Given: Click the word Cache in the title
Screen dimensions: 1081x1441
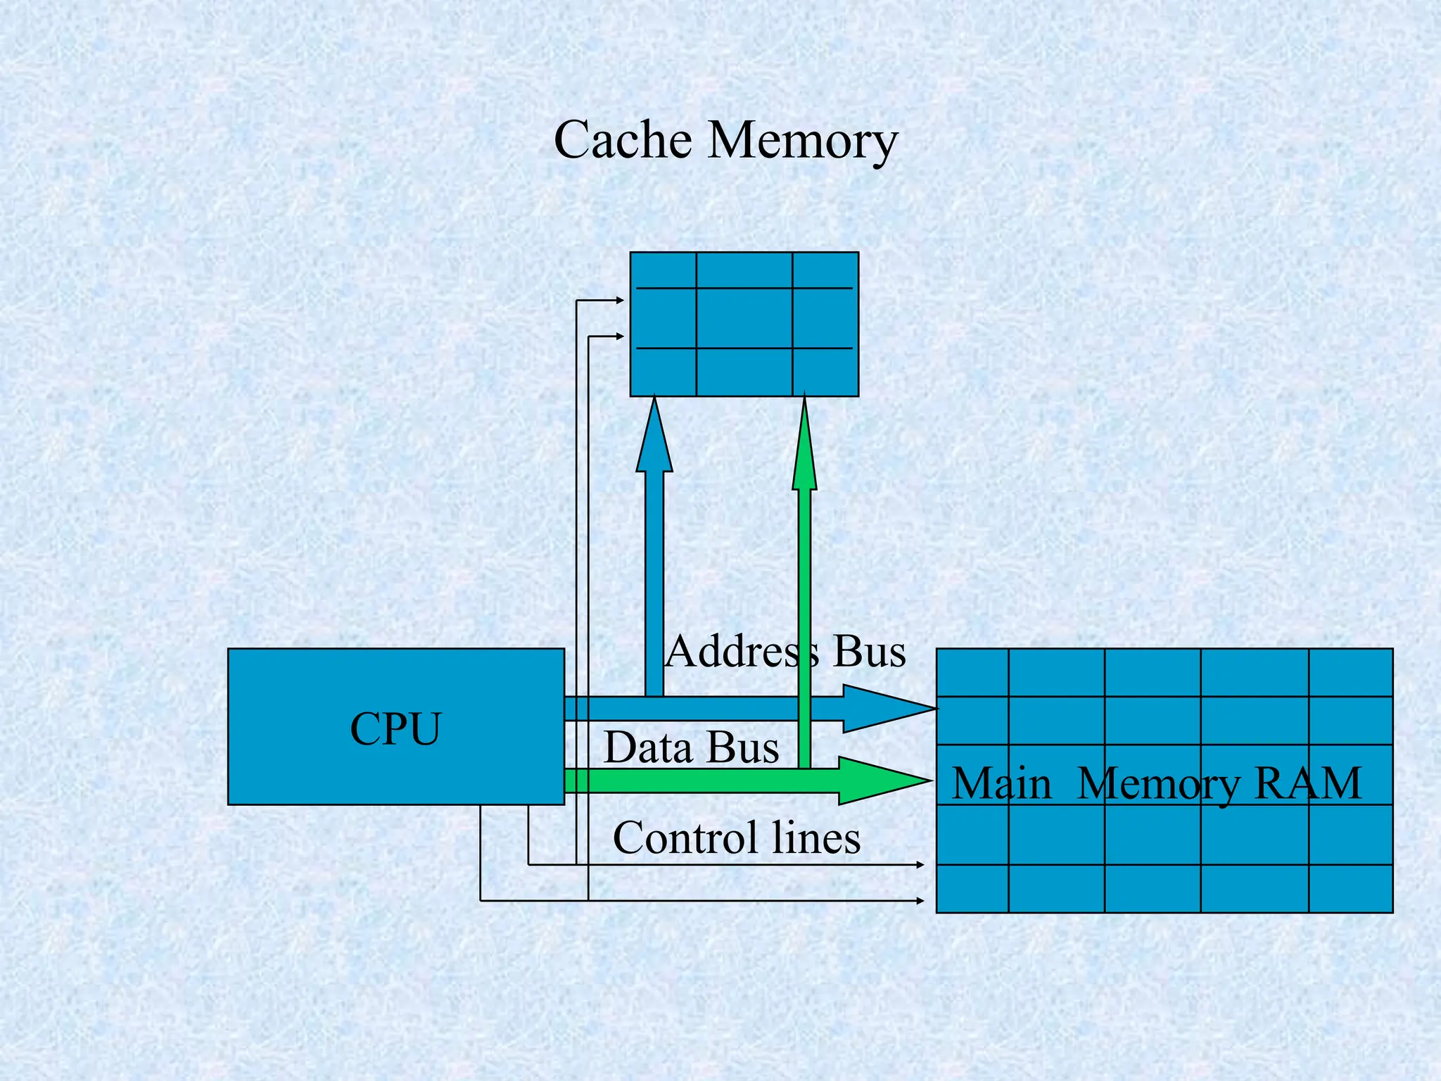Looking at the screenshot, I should pos(623,139).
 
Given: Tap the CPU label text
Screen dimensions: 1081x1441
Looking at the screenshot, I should pos(395,729).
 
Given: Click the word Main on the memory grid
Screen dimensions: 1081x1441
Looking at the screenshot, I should pos(1001,783).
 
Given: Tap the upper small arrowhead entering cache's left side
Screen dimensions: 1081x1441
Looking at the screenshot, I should pos(620,301).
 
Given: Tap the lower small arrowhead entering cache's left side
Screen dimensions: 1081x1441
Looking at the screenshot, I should pos(620,336).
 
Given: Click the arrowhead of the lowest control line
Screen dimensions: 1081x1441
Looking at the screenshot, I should pos(920,900).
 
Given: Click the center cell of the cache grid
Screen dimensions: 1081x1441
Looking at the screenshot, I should pos(744,318).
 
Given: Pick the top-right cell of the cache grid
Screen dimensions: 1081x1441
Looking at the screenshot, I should pos(825,270).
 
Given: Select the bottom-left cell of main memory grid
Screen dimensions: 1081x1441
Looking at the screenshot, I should pos(972,888).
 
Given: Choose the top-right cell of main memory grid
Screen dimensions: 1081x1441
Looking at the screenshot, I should pos(1350,673).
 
